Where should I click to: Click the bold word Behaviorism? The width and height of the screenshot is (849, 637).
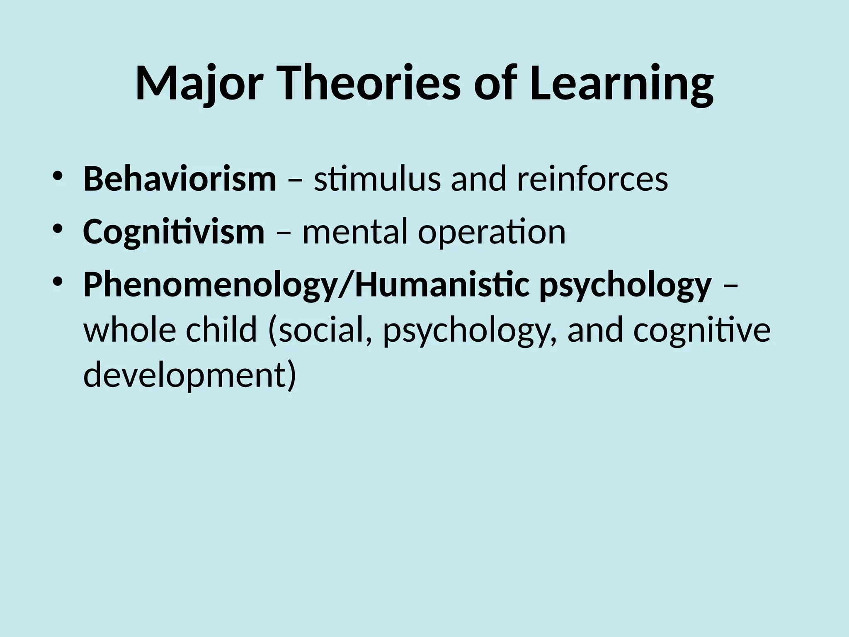point(180,179)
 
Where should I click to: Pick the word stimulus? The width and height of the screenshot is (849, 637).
point(377,179)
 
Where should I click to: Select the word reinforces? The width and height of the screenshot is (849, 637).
point(592,179)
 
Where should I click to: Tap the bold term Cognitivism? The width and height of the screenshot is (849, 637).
point(174,232)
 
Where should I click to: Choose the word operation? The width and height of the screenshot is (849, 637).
point(492,232)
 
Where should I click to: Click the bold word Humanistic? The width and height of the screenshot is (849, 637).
point(442,285)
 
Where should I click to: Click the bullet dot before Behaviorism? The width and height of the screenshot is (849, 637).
point(58,176)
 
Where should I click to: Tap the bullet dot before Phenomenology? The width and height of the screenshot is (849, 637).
point(58,282)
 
